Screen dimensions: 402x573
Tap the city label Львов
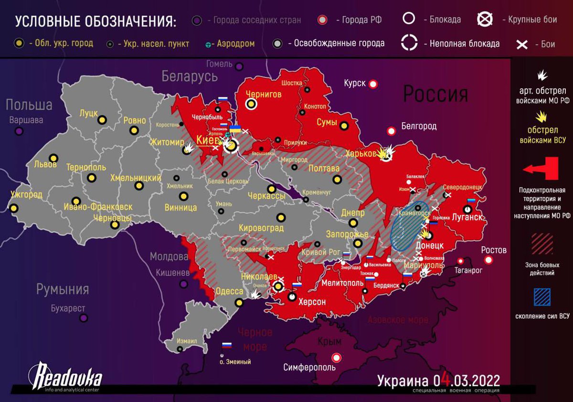click(45, 165)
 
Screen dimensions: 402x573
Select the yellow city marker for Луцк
click(102, 120)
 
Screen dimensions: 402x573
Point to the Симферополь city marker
click(337, 357)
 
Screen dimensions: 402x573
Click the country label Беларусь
click(189, 76)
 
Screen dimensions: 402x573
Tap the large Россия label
click(435, 94)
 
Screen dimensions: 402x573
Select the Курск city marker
click(373, 84)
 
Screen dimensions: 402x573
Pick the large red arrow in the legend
click(541, 169)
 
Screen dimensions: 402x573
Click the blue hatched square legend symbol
click(542, 297)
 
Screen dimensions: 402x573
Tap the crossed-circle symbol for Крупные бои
click(486, 19)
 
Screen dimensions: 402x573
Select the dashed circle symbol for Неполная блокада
click(409, 42)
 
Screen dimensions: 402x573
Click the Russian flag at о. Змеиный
click(226, 345)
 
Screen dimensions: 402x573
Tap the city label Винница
click(180, 208)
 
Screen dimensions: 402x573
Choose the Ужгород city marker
click(14, 208)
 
